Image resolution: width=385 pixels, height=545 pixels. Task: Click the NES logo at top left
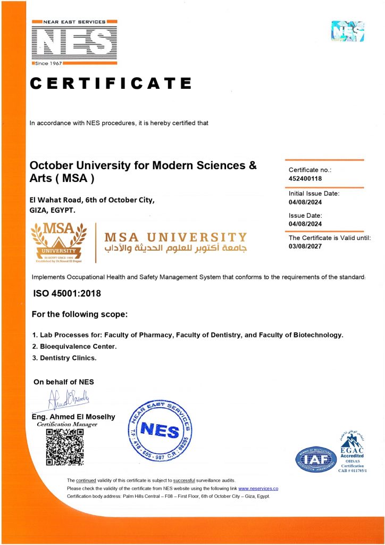pos(74,42)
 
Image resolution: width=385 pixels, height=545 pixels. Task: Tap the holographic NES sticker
pos(348,31)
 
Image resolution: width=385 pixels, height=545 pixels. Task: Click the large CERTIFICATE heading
pos(111,84)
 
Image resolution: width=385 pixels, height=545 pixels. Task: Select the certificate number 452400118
pos(305,179)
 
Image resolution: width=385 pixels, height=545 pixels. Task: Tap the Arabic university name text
pos(176,249)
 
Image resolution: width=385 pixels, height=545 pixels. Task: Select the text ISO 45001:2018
pos(67,293)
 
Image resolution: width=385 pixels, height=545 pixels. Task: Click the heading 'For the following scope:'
pos(80,315)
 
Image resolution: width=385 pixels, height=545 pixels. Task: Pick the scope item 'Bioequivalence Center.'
pos(74,346)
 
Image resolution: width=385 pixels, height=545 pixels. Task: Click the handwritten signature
pos(69,398)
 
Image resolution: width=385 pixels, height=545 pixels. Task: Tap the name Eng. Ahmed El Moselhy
pos(73,417)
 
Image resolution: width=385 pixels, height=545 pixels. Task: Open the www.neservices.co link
pos(258,489)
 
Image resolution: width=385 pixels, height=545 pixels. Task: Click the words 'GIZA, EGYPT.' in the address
pos(53,210)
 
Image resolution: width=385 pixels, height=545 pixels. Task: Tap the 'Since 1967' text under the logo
pos(51,63)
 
